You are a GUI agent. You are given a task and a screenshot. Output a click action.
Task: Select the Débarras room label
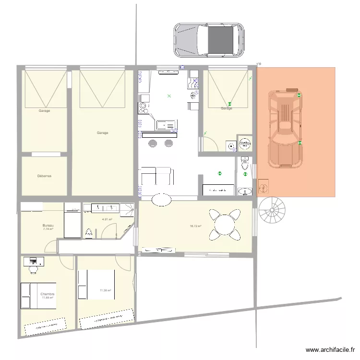pyautogui.click(x=44, y=176)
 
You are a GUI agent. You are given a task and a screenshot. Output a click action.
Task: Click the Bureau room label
pyautogui.click(x=48, y=226)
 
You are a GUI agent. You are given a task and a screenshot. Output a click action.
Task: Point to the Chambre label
pyautogui.click(x=47, y=294)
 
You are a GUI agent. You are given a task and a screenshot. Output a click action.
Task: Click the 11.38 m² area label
pyautogui.click(x=106, y=290)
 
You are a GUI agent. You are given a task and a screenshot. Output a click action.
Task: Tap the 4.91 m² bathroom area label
pyautogui.click(x=107, y=220)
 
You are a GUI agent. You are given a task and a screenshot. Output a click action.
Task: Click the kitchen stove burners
pyautogui.click(x=143, y=108)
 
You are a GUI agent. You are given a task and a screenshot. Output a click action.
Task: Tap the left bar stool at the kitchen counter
pyautogui.click(x=152, y=143)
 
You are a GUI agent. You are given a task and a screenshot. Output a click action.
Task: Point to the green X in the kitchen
pyautogui.click(x=168, y=96)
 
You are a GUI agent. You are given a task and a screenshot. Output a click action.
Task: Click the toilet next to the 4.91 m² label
pyautogui.click(x=89, y=233)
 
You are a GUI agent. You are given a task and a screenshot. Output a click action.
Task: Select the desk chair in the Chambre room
pyautogui.click(x=33, y=269)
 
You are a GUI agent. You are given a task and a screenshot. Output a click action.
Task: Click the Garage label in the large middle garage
pyautogui.click(x=102, y=133)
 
